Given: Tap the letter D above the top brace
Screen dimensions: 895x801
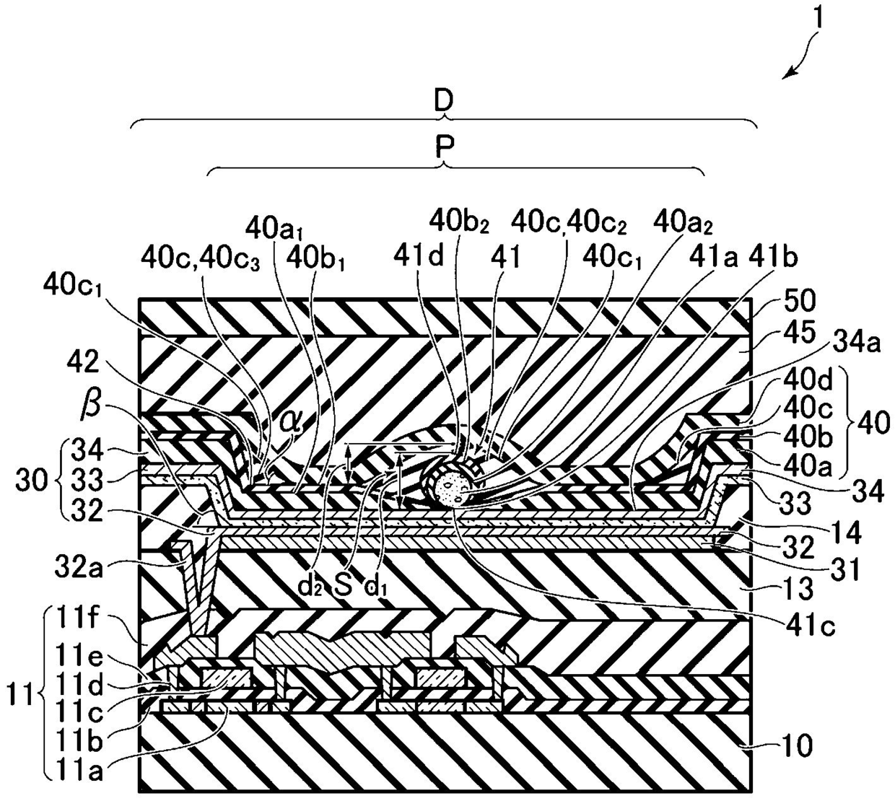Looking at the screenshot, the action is (x=443, y=101).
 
